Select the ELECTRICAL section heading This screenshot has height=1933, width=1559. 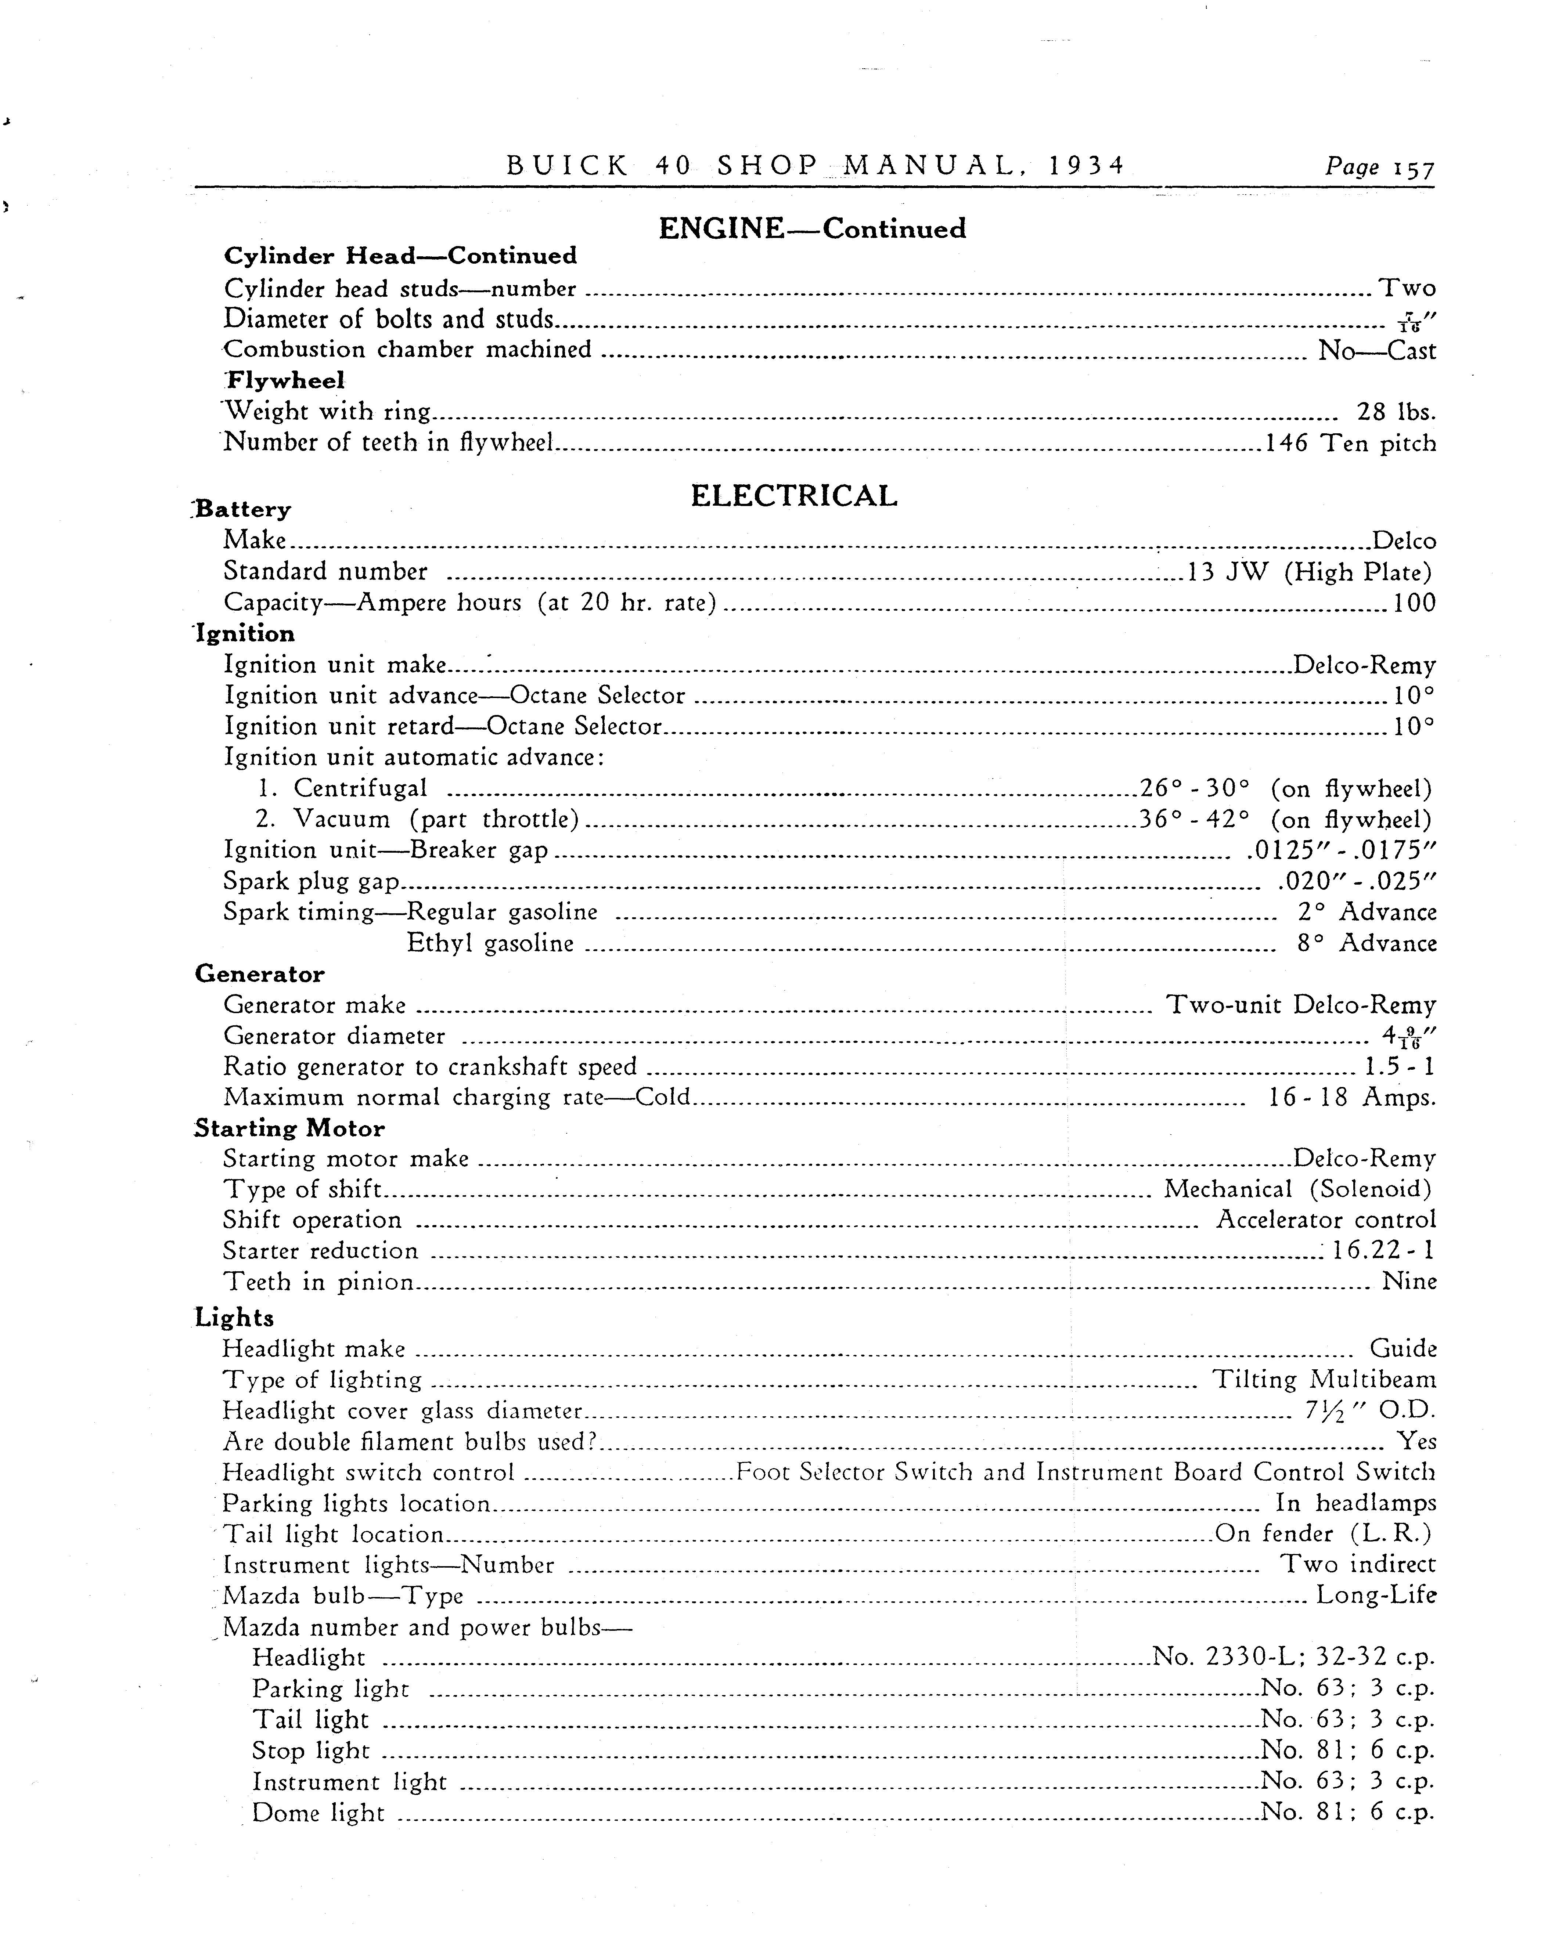[x=794, y=496]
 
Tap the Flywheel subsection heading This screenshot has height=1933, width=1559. [x=285, y=381]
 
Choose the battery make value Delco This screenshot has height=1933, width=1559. [x=1404, y=541]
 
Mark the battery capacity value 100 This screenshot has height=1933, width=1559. [x=1414, y=603]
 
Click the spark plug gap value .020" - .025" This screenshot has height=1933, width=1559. [x=1356, y=882]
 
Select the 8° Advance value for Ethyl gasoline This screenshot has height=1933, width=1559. [x=1366, y=944]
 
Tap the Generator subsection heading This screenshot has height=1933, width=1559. [x=260, y=974]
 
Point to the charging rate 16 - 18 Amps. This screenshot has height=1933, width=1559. [x=1351, y=1098]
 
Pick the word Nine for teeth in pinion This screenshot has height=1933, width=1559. [x=1409, y=1282]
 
